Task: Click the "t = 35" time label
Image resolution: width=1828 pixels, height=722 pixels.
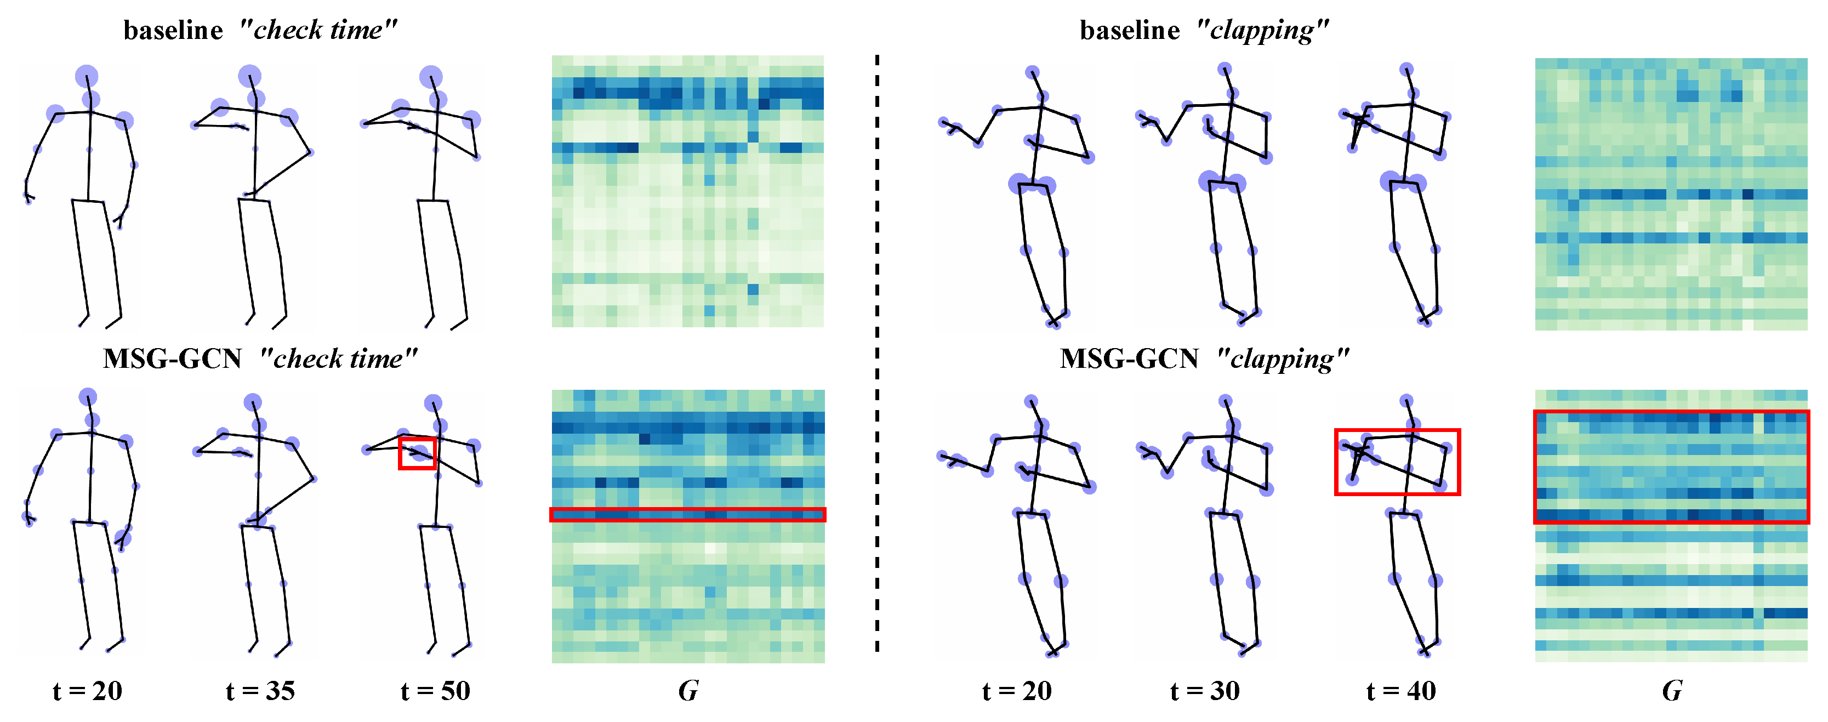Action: pos(260,691)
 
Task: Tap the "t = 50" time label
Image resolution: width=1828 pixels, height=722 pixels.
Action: pos(435,691)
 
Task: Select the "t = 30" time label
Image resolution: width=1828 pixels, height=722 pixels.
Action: pos(1205,691)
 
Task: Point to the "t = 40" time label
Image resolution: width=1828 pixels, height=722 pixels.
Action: pos(1401,691)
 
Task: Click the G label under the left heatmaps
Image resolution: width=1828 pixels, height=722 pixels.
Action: pos(688,691)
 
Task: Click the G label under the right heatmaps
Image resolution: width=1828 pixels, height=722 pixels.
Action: pos(1672,691)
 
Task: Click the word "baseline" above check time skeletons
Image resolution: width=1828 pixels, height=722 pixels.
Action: pos(173,31)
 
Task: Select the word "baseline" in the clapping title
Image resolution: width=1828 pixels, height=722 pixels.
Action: pos(1130,31)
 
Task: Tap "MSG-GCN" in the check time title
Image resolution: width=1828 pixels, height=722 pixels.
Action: pos(173,359)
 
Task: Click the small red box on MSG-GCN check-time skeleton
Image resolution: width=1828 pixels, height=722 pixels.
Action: pos(417,453)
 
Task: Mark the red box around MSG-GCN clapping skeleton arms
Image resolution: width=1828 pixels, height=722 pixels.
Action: pos(1397,462)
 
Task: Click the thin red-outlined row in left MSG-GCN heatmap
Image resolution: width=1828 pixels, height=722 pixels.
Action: pos(688,515)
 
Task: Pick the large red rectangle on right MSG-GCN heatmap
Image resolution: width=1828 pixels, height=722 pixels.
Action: pos(1671,467)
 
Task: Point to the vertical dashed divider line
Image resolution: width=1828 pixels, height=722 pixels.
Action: pos(877,355)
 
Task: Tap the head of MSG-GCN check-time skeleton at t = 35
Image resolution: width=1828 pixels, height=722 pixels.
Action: pos(253,402)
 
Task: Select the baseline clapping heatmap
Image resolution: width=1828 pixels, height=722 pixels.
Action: pos(1671,194)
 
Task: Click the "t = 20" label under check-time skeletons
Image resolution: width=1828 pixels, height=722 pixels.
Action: pos(87,691)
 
